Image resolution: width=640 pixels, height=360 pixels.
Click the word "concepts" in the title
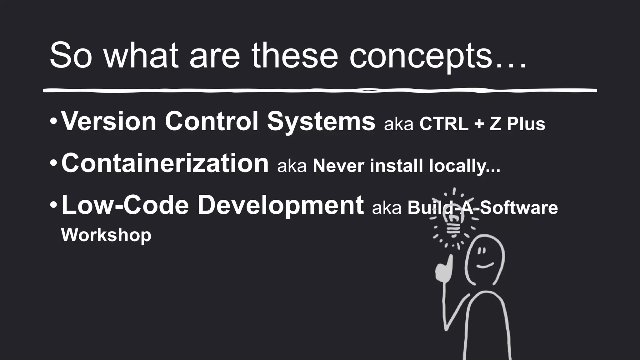[x=420, y=56]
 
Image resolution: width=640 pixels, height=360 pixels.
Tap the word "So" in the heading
[x=71, y=56]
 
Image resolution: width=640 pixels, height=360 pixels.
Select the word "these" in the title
[x=295, y=56]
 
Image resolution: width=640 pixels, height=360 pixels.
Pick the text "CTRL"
[x=444, y=124]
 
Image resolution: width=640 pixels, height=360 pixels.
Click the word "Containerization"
[x=165, y=163]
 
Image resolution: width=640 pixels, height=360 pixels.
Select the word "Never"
[x=338, y=166]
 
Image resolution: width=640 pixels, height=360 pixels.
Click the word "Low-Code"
[x=125, y=205]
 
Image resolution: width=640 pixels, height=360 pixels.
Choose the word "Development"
[x=281, y=206]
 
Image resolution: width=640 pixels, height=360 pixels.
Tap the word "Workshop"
[x=106, y=235]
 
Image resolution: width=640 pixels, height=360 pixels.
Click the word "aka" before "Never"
[x=292, y=166]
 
